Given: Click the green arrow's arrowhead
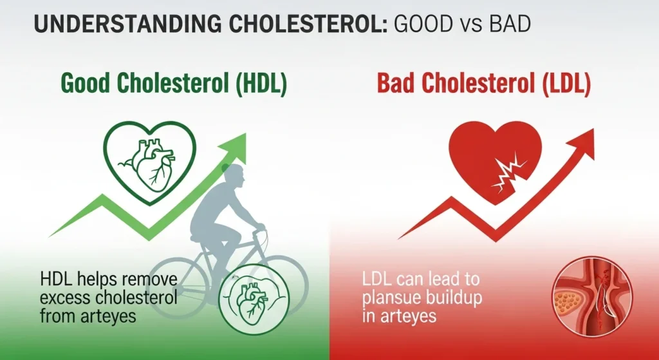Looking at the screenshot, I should coord(234,144).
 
